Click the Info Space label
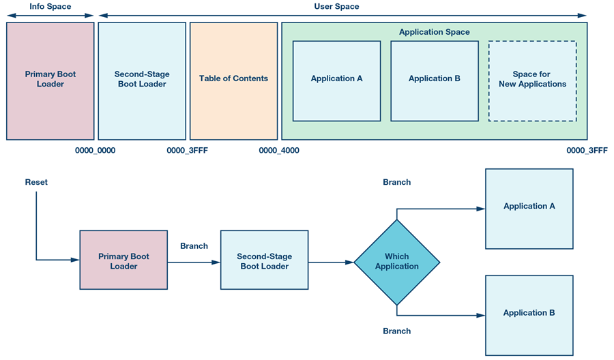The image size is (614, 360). [x=50, y=6]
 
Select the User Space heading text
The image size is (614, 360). [x=337, y=6]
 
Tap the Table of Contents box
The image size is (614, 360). [x=233, y=80]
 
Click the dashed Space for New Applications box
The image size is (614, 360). [x=532, y=80]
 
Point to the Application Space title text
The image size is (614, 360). [x=434, y=32]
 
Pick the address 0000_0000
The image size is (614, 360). [x=95, y=151]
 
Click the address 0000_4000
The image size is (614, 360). [x=278, y=151]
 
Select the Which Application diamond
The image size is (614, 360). [x=396, y=262]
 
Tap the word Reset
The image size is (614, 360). [x=36, y=183]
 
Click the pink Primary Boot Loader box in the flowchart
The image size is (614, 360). [x=123, y=260]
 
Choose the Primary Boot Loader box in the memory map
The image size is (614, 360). [x=50, y=80]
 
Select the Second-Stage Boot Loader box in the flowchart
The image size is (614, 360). [x=264, y=260]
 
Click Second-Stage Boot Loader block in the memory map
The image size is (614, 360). [x=142, y=80]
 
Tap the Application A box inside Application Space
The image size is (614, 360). [x=336, y=80]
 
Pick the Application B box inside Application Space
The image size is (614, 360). [x=434, y=80]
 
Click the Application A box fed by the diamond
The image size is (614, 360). [x=529, y=208]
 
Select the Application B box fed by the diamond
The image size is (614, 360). [x=529, y=314]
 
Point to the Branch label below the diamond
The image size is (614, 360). [x=396, y=331]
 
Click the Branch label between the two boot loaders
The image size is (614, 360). [x=194, y=246]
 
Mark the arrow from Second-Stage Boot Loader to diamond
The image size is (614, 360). [x=331, y=262]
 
